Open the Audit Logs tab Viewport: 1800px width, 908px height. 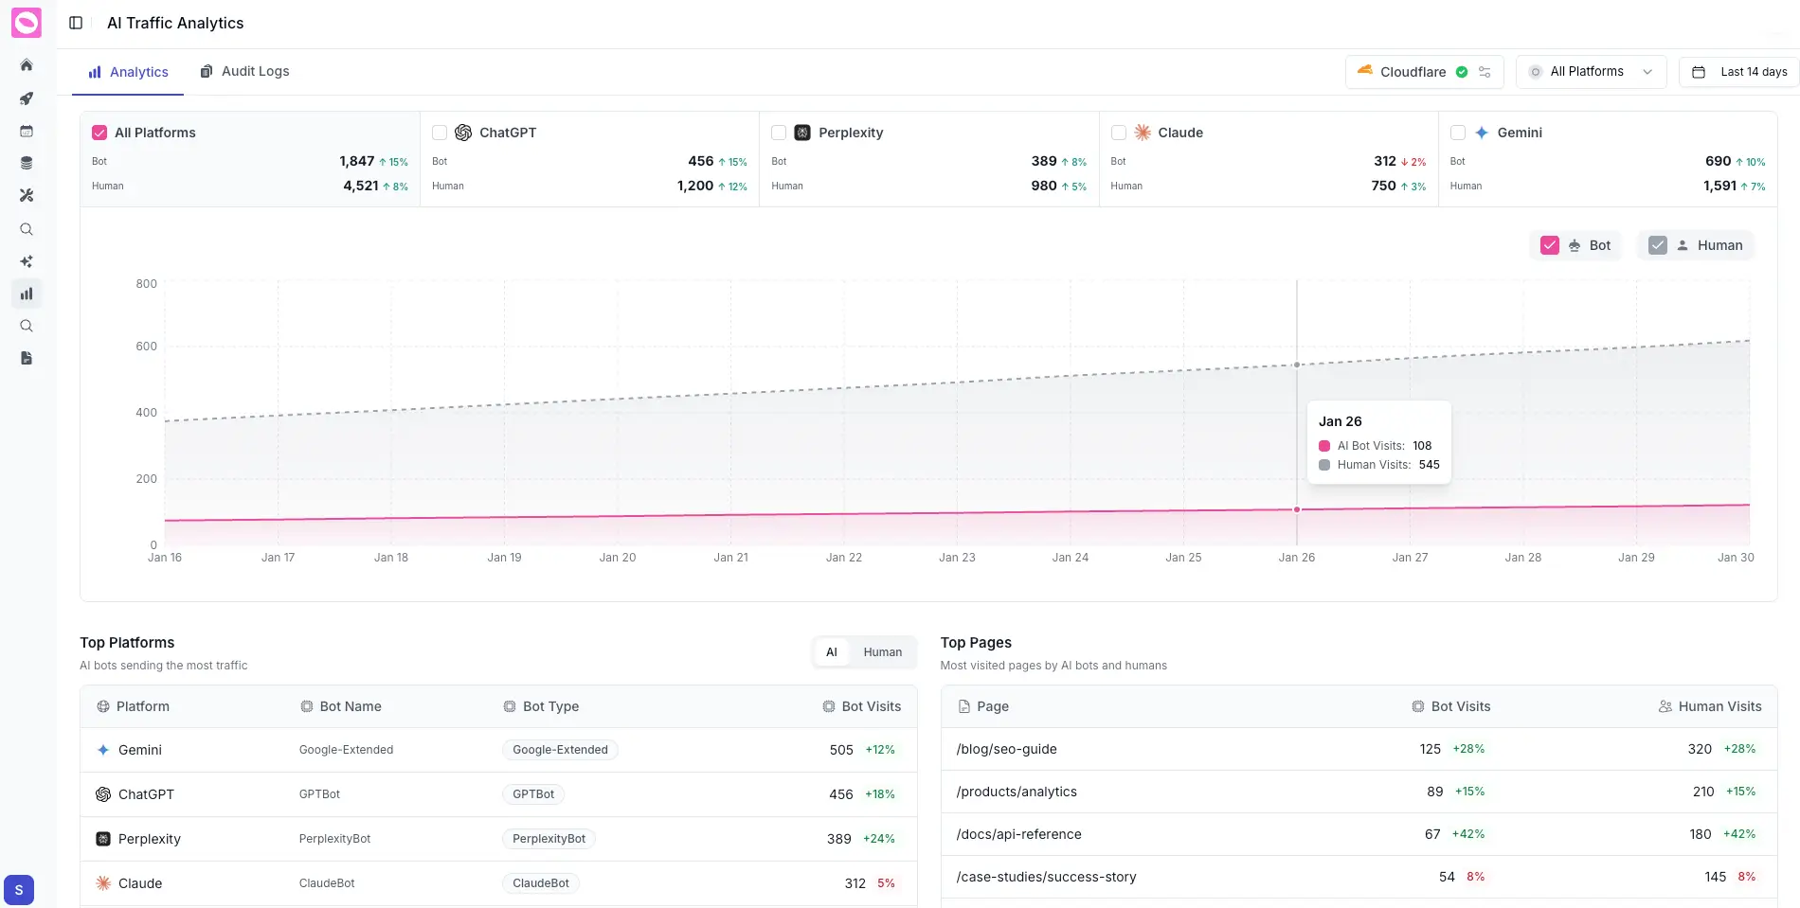tap(244, 72)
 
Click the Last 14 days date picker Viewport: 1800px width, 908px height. tap(1739, 72)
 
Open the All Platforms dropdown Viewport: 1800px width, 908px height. tap(1591, 72)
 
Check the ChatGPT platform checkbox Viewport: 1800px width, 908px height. tap(440, 133)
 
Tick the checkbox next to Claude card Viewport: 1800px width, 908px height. tap(1119, 133)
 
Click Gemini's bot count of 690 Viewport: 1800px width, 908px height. tap(1717, 161)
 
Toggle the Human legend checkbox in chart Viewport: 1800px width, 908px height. tap(1657, 245)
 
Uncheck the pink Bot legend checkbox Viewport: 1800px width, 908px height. tap(1550, 245)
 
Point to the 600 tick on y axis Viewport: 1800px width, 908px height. tap(146, 347)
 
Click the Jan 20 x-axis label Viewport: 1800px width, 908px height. tap(618, 558)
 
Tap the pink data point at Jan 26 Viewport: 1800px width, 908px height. tap(1297, 509)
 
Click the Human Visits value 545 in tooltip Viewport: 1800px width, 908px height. tap(1429, 465)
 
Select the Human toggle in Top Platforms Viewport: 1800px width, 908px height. tap(882, 652)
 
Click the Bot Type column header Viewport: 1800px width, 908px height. tap(550, 706)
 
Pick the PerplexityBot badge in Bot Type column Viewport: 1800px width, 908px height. tap(549, 839)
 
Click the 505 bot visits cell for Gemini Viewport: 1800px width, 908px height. tap(841, 750)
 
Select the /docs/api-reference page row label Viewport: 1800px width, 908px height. tap(1018, 834)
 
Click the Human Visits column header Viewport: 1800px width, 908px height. tap(1719, 706)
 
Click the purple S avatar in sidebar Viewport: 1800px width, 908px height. tap(19, 890)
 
